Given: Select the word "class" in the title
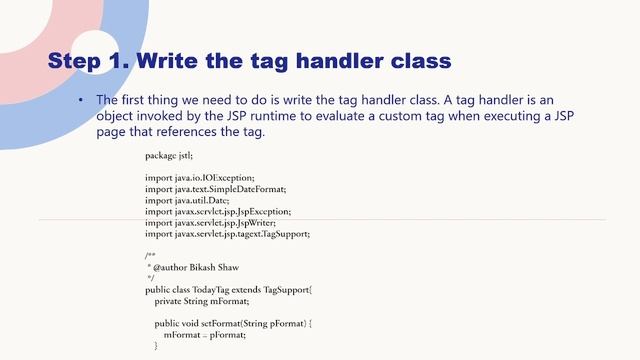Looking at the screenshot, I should click(415, 61).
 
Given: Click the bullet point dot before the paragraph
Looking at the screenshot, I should click(81, 101).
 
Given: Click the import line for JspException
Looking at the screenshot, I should click(218, 211).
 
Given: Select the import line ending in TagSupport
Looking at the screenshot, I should click(228, 234).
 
